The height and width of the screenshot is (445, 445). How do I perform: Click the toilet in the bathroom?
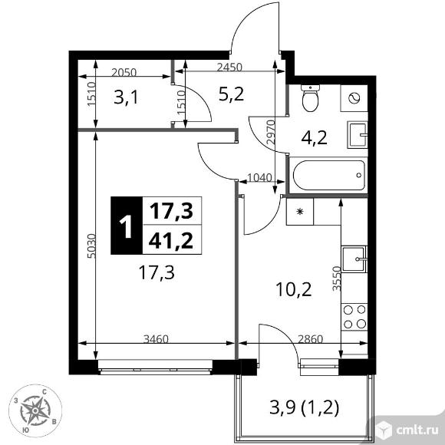coord(311,98)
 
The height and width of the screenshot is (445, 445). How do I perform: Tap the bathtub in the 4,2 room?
coord(329,176)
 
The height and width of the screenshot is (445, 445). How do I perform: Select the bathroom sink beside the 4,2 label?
coord(358,135)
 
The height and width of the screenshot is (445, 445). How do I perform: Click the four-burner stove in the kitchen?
coord(354,317)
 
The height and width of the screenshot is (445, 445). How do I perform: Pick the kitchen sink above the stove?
coord(354,259)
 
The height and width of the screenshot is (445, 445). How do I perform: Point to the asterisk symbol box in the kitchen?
coord(300,212)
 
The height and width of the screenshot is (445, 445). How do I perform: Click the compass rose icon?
coord(35,410)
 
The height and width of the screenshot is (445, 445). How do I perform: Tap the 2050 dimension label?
coord(124,73)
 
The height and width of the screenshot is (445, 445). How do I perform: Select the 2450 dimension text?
coord(229,68)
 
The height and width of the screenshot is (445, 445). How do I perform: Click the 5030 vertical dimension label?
coord(91,246)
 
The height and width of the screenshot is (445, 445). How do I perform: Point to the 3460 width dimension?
coord(156,339)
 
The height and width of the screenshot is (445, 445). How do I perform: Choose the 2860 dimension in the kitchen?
coord(310,339)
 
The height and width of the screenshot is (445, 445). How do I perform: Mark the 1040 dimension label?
coord(259,178)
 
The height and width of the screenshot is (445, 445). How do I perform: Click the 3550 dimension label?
coord(337,279)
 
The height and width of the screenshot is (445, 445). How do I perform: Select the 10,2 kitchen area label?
coord(294,290)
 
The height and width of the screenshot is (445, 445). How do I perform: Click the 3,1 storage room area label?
coord(126,97)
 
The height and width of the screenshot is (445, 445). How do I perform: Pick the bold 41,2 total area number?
coord(171,241)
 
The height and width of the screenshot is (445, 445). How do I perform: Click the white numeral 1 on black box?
coord(126,226)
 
